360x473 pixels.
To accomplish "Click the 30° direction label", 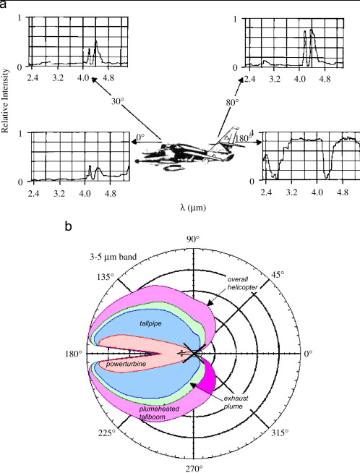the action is tap(118, 101).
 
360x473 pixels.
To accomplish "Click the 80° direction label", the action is tap(232, 103).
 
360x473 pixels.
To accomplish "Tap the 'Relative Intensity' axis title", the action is tap(5, 101).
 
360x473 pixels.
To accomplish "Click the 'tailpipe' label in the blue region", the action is tap(150, 324).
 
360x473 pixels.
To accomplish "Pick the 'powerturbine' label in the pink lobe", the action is tap(126, 364).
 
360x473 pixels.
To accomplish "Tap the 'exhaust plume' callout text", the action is tap(236, 402).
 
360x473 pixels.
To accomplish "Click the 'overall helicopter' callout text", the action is tap(242, 284).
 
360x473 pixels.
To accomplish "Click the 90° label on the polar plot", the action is tap(193, 239).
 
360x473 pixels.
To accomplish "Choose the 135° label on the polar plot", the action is tap(106, 276).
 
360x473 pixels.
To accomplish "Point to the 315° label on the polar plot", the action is tap(280, 433).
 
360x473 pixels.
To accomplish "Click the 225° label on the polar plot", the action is tap(107, 433).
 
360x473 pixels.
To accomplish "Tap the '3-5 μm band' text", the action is tap(113, 257).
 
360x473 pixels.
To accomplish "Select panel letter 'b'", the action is tap(69, 226).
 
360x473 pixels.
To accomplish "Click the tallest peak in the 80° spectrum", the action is tap(312, 30).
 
